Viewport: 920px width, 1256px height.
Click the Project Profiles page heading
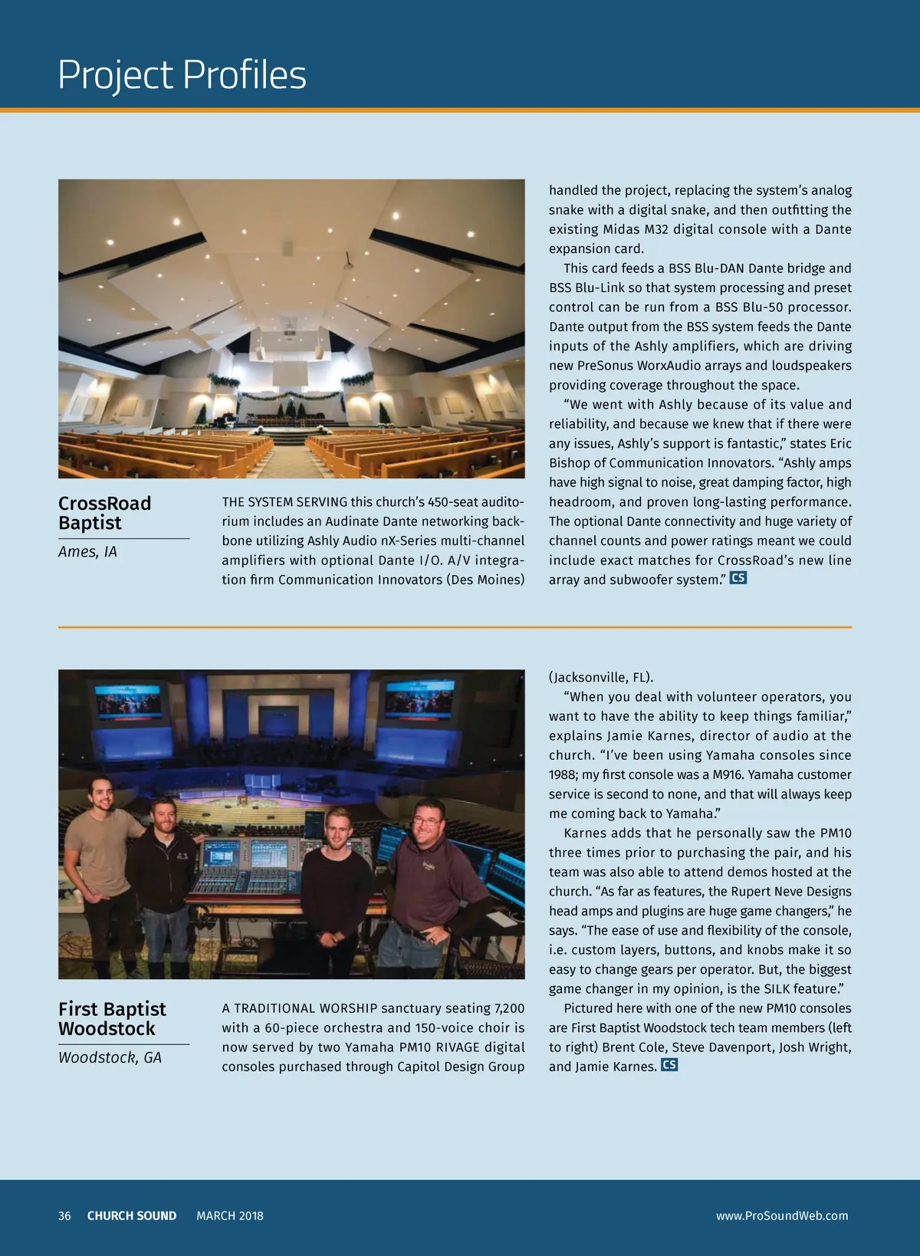point(182,75)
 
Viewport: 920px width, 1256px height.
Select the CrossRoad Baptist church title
point(105,513)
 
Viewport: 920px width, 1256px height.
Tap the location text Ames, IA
point(87,551)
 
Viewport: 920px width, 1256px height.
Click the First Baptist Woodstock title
point(112,1018)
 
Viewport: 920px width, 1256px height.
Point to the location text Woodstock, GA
point(110,1057)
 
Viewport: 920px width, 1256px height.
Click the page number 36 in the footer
point(64,1215)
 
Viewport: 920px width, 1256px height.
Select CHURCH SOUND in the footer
point(132,1215)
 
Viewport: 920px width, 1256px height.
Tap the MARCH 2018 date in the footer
point(229,1215)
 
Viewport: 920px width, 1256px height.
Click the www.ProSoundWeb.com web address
point(782,1215)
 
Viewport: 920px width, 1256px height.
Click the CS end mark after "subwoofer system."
point(738,578)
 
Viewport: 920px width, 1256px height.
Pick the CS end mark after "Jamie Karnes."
point(669,1065)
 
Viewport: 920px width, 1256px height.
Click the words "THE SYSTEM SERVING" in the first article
point(284,502)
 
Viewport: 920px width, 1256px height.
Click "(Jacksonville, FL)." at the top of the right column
point(601,677)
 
